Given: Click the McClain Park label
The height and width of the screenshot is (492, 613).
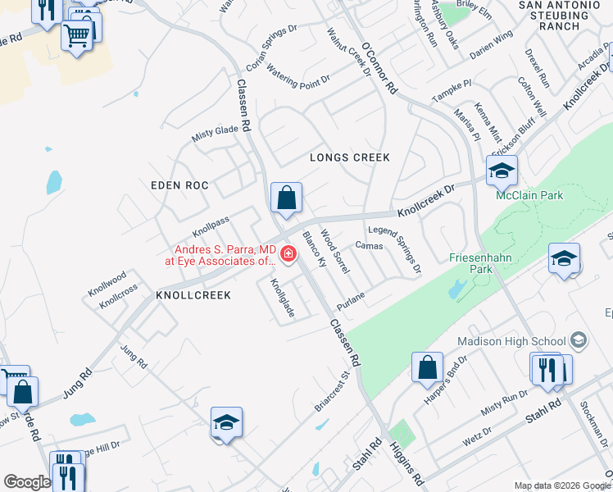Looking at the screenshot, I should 529,196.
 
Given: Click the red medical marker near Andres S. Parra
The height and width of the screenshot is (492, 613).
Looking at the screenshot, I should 287,253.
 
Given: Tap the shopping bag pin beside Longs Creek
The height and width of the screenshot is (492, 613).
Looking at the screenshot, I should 286,198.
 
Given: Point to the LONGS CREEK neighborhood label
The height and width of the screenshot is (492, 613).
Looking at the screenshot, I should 349,157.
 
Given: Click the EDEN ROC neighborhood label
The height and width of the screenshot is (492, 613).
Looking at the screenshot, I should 179,186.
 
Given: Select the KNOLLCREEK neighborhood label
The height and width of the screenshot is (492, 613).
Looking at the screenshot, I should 193,294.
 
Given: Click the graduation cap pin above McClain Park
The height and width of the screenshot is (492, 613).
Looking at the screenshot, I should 502,171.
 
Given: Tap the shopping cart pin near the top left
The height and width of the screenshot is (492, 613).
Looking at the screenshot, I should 77,35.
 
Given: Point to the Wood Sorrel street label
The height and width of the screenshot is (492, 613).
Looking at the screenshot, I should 335,252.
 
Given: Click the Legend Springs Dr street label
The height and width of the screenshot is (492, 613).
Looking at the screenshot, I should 395,249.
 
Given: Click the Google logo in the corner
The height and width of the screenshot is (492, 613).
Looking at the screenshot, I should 27,482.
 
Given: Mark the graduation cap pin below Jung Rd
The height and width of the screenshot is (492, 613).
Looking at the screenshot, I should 226,422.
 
